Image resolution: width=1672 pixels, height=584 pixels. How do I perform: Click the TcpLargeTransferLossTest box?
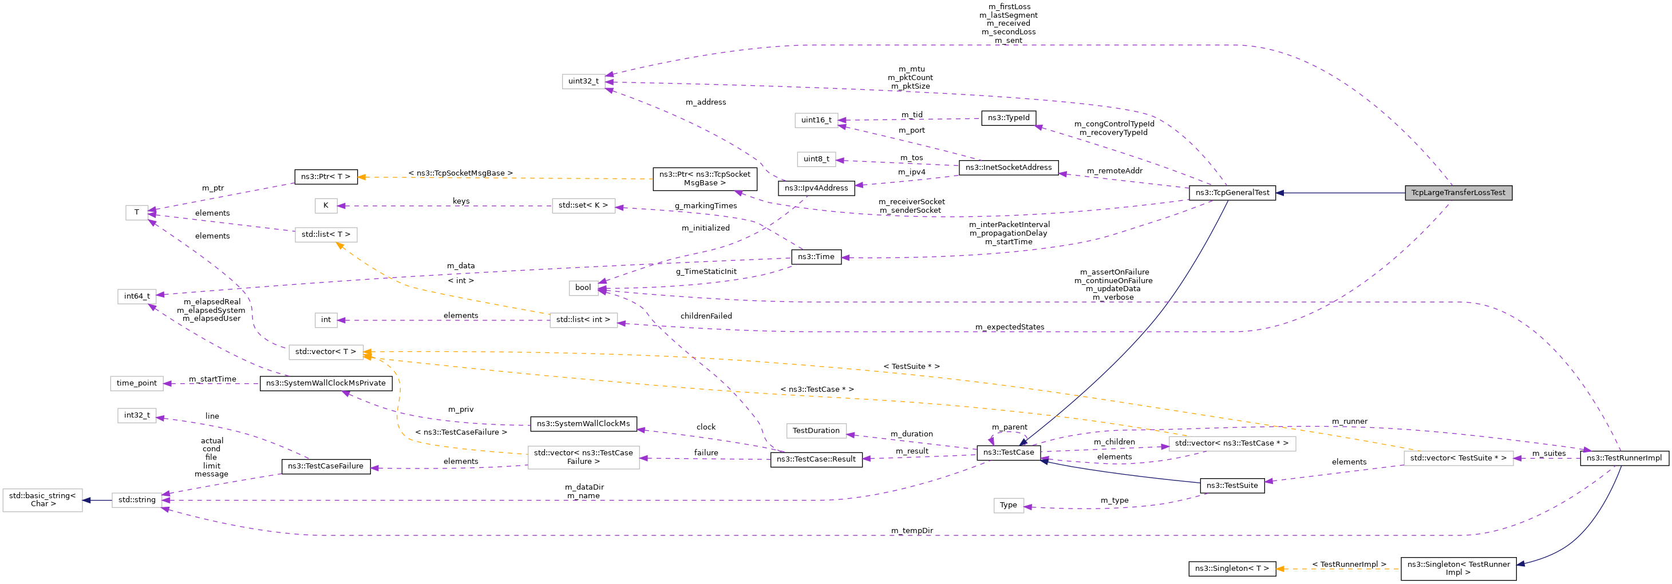point(1458,193)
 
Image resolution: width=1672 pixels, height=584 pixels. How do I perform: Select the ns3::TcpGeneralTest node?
point(1232,193)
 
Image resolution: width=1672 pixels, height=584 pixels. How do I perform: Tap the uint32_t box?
point(583,81)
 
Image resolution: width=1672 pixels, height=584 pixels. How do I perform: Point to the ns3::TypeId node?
point(1008,118)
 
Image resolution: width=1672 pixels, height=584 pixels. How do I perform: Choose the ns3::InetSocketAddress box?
point(1008,168)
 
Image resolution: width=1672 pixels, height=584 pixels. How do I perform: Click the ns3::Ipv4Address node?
point(816,188)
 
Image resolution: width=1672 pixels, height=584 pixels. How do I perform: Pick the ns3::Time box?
point(816,257)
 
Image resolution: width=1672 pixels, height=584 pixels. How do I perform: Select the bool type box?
point(583,288)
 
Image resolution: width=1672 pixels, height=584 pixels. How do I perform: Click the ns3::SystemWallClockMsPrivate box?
point(326,383)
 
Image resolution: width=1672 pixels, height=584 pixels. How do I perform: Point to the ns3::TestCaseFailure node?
point(326,467)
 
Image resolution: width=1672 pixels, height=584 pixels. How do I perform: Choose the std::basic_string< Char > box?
point(42,500)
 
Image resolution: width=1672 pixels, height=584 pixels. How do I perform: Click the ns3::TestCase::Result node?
point(816,459)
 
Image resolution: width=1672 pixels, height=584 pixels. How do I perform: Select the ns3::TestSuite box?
point(1232,486)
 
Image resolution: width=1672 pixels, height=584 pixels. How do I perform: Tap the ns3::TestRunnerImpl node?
point(1623,458)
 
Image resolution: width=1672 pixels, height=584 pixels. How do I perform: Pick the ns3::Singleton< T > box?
point(1232,569)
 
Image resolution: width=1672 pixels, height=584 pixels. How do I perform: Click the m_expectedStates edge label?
point(1009,327)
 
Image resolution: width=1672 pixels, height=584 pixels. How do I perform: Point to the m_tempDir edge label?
point(911,531)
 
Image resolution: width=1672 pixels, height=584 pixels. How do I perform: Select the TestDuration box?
point(816,431)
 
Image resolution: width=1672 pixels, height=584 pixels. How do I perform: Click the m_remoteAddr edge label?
point(1114,171)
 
